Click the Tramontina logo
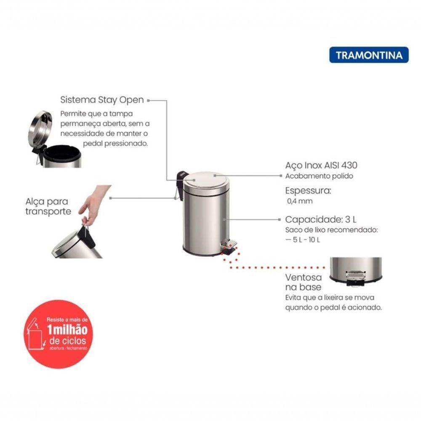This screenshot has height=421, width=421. [369, 55]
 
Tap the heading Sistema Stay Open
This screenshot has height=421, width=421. [102, 100]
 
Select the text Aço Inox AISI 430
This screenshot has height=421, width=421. [321, 165]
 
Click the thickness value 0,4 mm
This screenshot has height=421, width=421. [300, 201]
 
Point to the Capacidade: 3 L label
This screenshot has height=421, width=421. [320, 219]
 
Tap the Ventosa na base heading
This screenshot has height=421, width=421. [304, 282]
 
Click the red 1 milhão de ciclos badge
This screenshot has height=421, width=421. [58, 334]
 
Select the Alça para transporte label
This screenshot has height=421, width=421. [48, 206]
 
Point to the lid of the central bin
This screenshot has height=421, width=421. [206, 179]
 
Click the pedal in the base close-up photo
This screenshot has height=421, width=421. [356, 278]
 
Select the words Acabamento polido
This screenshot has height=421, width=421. [319, 176]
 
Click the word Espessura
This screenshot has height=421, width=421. [308, 191]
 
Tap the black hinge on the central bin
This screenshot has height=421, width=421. [181, 179]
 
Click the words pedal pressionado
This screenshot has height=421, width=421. [115, 144]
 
